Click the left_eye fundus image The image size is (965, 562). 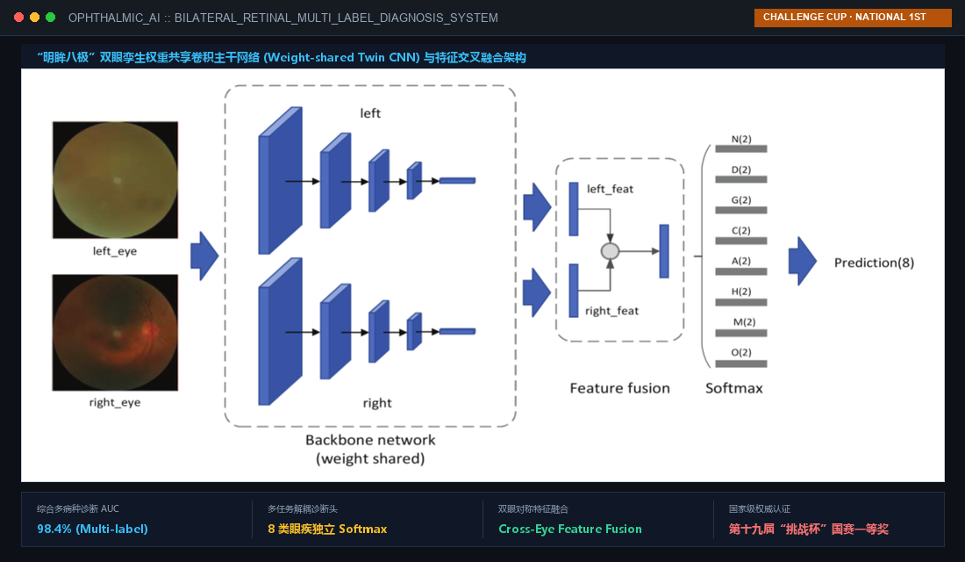coord(115,180)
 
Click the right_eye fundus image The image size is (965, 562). coord(115,332)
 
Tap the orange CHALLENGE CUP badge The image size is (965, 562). coord(853,18)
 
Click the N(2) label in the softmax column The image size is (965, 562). coord(741,140)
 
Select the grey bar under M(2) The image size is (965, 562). coord(741,333)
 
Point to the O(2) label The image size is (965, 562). coord(741,352)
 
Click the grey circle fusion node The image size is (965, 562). coord(610,251)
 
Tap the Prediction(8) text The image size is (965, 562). coord(874,263)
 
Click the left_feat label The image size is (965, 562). coord(610,189)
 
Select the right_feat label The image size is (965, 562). coord(611,311)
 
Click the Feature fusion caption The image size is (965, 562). coord(619,388)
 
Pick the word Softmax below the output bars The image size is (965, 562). coord(733,388)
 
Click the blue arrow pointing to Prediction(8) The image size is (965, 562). coord(803,262)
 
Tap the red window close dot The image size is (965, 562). coord(19,18)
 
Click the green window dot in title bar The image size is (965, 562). coord(51,18)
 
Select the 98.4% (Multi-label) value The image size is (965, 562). coord(92,529)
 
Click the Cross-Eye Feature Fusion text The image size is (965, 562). coord(570,529)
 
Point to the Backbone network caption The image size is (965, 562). coord(370,440)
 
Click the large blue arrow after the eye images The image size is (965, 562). coord(204,256)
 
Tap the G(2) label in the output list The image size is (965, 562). coord(741,200)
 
